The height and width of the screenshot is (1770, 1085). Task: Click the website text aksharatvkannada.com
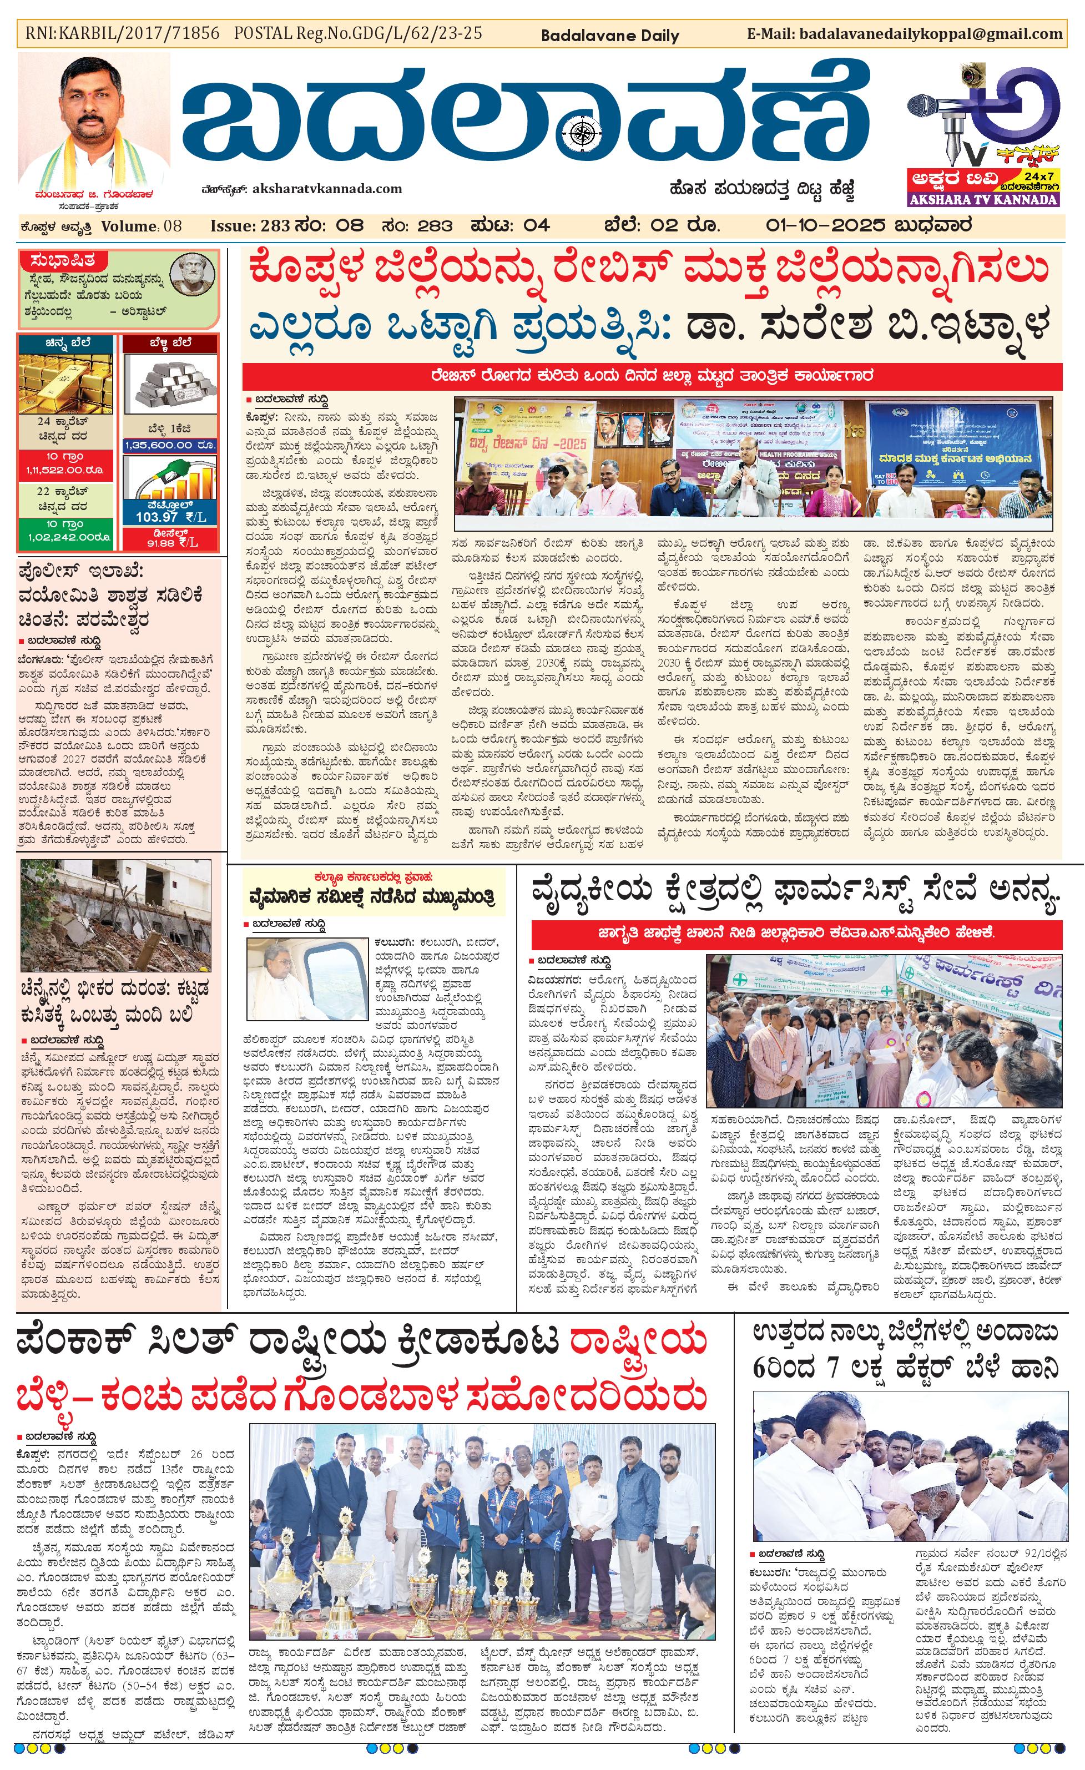click(x=327, y=189)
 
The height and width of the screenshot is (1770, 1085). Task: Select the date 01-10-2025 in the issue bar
click(x=826, y=225)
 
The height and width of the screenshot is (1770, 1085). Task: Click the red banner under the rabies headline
click(x=652, y=375)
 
